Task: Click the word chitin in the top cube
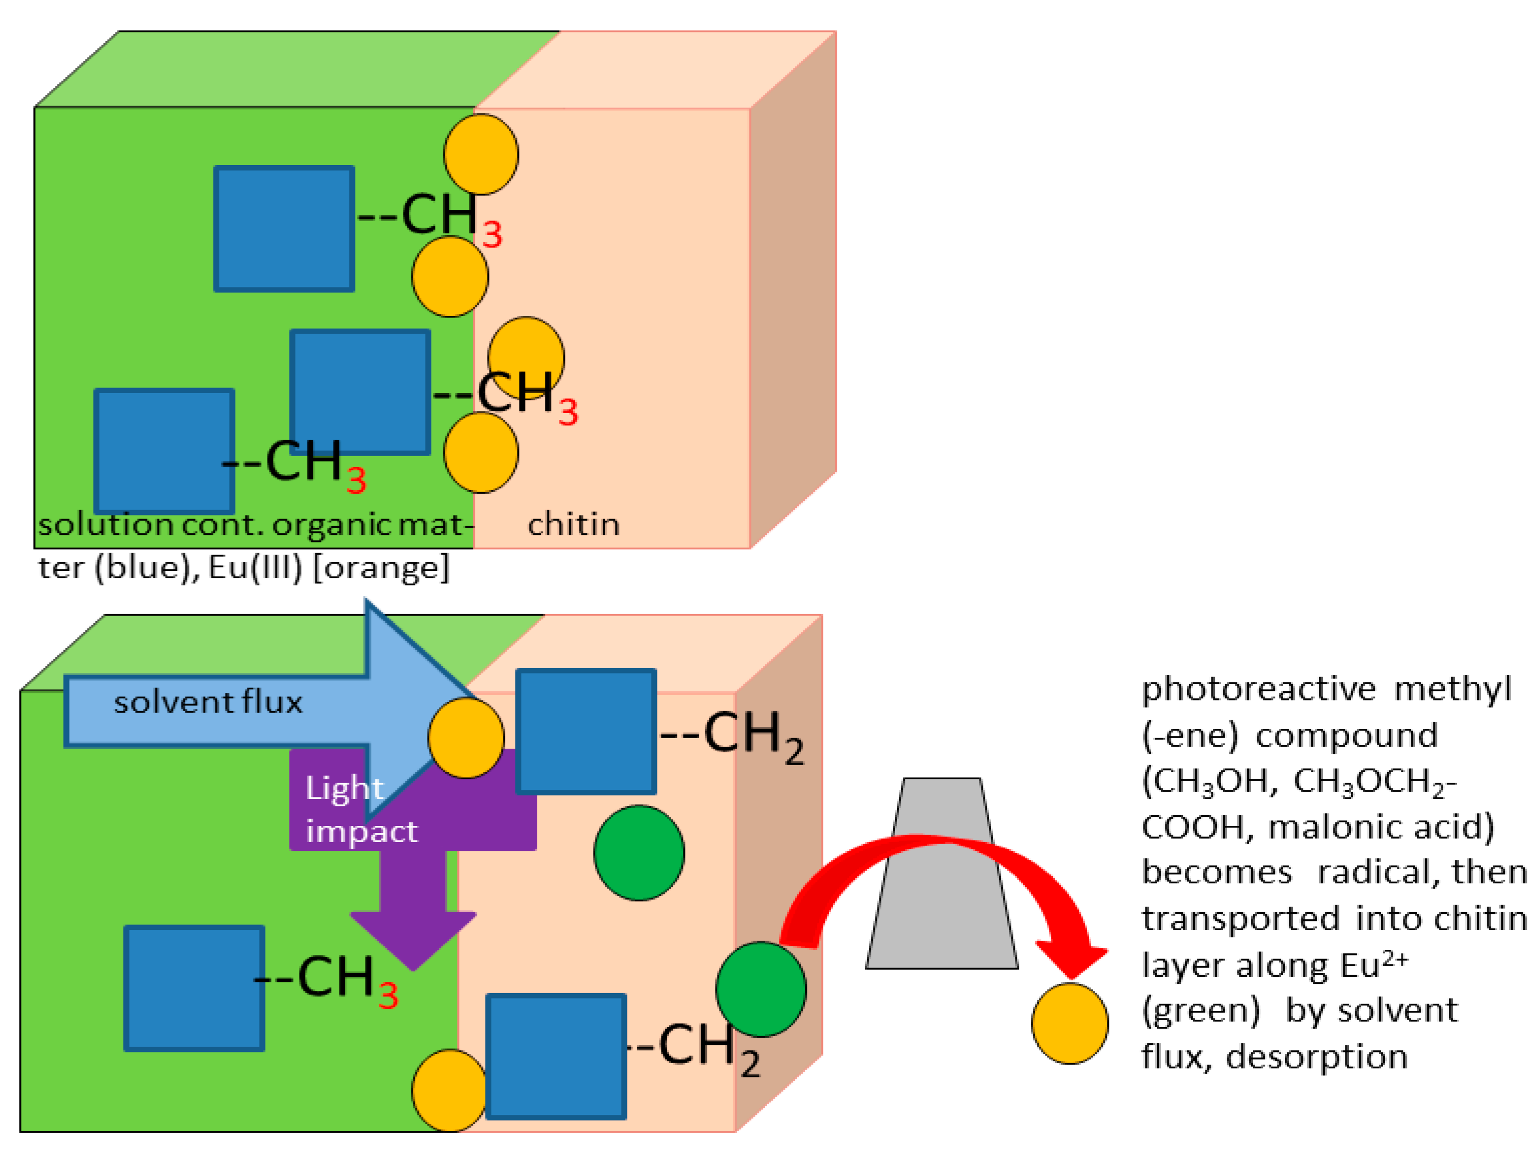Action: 573,524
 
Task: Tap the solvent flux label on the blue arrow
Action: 208,702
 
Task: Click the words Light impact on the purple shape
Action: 361,810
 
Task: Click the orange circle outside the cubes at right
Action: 1069,1023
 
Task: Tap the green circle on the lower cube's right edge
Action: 761,989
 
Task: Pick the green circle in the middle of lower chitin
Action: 639,853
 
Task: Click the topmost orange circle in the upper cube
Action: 481,154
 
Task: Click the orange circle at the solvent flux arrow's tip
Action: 466,738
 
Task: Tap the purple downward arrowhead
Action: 413,940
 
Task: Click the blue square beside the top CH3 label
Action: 284,229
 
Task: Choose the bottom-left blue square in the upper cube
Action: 165,451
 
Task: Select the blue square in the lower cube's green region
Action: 194,988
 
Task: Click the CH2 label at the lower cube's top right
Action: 752,736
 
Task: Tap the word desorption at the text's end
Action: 1317,1057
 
